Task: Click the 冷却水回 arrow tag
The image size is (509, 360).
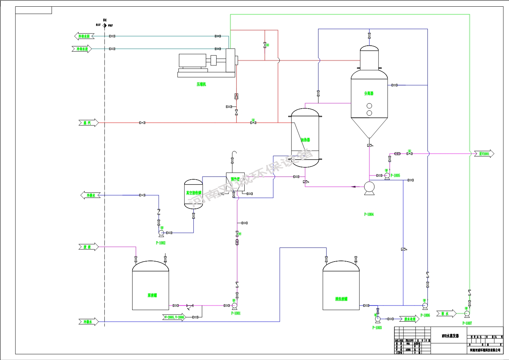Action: [x=84, y=36]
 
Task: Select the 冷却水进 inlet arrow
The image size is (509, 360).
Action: [x=82, y=49]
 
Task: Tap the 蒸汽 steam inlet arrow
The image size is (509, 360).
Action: [x=88, y=123]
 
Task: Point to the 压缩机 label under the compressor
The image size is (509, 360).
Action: [x=201, y=84]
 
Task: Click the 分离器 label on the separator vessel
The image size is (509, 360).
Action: [x=369, y=94]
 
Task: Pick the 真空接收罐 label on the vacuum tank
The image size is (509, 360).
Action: [x=194, y=193]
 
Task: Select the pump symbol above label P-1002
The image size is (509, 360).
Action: [x=161, y=233]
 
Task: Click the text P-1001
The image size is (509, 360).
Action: [x=236, y=313]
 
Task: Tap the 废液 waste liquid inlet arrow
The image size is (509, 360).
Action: [x=88, y=247]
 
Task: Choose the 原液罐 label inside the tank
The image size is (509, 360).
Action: [x=152, y=295]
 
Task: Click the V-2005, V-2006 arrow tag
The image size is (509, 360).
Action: [x=174, y=317]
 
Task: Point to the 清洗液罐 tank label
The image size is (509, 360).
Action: [x=341, y=299]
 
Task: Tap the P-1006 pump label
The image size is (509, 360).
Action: [x=425, y=315]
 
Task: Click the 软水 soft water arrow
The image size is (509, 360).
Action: [x=446, y=314]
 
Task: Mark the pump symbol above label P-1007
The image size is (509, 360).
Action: [x=467, y=314]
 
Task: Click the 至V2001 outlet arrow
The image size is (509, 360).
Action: [x=484, y=154]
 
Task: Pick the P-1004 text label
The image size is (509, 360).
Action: [x=369, y=214]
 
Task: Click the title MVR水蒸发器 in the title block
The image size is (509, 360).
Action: [x=450, y=336]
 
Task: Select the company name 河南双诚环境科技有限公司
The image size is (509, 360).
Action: [x=485, y=350]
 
